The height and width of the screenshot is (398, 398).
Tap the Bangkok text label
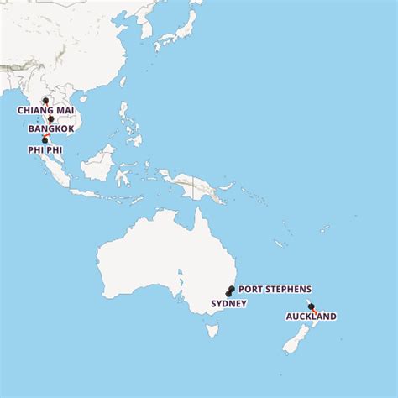pos(51,129)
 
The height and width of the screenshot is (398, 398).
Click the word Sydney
pos(229,303)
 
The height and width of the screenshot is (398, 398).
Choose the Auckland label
pos(311,317)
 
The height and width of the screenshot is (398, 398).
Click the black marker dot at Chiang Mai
pos(45,101)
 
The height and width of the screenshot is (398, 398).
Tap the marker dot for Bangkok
pos(50,119)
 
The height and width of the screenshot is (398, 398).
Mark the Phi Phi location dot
pos(45,140)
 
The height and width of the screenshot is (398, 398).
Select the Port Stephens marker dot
pos(231,289)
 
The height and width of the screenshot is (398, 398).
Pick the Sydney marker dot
pos(228,293)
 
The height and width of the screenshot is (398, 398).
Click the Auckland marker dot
pos(311,306)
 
